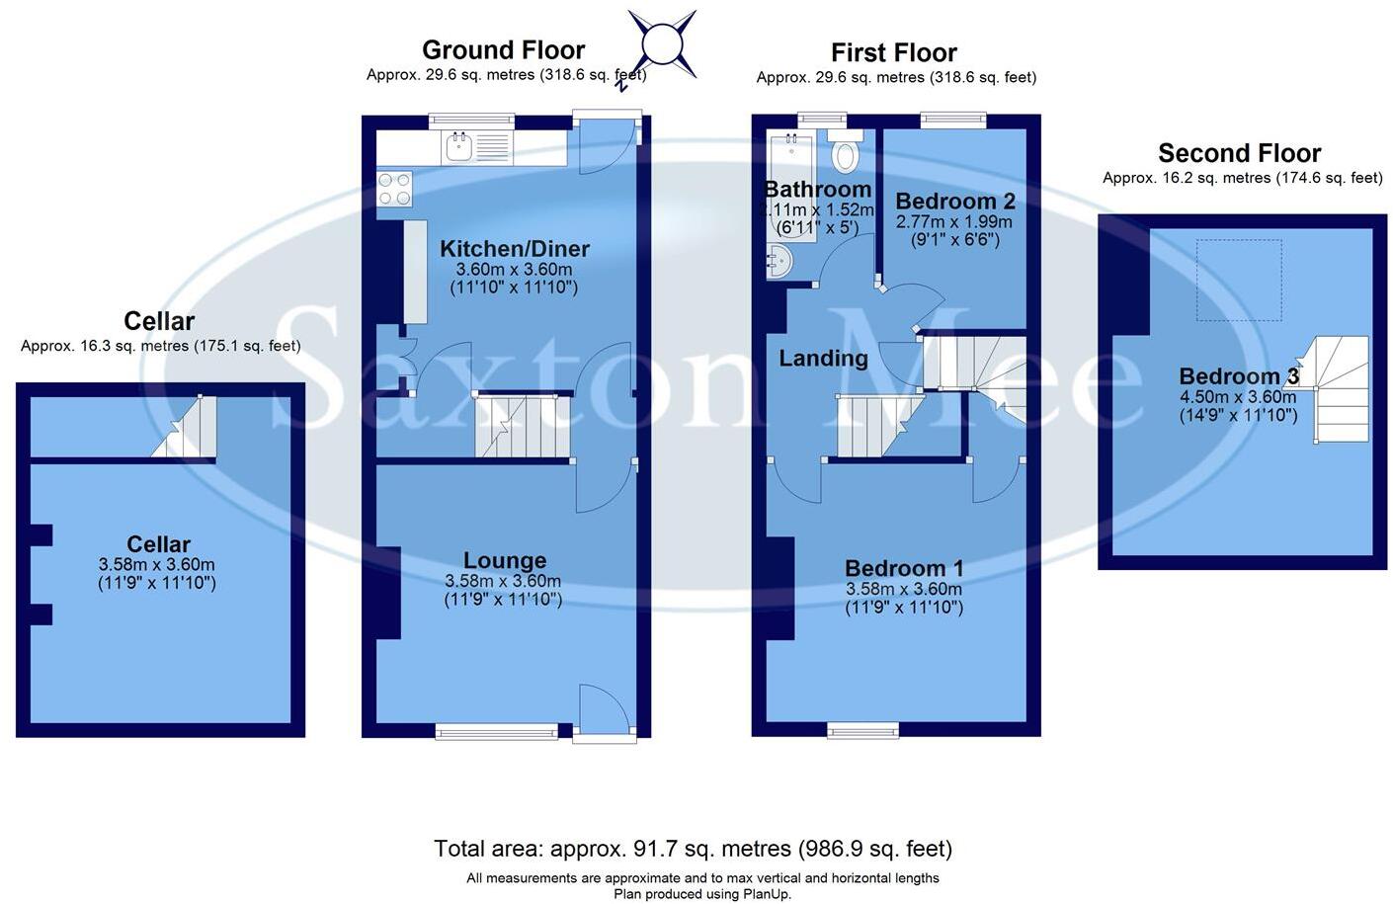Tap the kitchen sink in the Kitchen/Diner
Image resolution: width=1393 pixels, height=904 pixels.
coord(459,148)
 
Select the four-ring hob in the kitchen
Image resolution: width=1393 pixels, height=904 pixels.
coord(394,189)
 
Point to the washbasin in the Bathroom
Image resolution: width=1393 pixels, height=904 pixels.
coord(778,263)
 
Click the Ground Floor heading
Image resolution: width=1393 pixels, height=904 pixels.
coord(503,50)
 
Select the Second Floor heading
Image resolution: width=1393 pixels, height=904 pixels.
coord(1239,154)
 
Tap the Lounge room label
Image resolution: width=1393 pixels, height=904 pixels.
coord(504,562)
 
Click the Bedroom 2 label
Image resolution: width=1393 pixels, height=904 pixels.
coord(954,202)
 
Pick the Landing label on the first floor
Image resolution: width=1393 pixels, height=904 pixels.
coord(823,359)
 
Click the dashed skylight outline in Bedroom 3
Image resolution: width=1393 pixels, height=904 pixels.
coord(1239,280)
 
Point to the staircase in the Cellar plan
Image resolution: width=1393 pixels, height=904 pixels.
coord(186,427)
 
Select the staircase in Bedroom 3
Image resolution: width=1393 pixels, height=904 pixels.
coord(1342,389)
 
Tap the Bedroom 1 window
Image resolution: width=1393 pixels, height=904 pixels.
coord(863,731)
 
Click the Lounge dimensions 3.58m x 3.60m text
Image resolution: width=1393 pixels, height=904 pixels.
coord(503,582)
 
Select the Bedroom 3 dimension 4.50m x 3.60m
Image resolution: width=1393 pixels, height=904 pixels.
coord(1238,397)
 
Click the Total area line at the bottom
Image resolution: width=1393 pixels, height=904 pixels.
coord(693,849)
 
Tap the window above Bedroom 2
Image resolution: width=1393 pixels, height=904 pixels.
coord(953,121)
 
